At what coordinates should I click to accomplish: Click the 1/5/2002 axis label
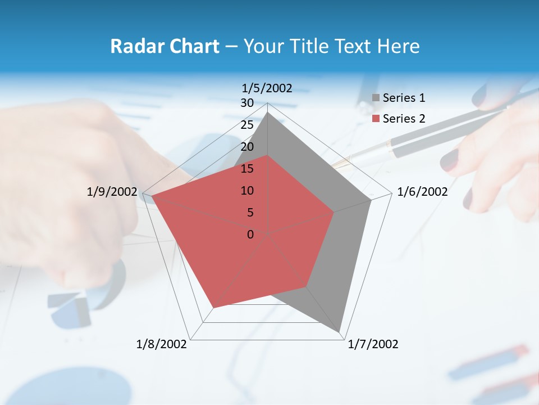[x=267, y=88]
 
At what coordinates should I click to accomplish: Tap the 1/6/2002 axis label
[x=422, y=192]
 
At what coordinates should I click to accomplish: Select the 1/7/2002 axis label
[x=373, y=344]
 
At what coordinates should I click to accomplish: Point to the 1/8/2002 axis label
[x=162, y=344]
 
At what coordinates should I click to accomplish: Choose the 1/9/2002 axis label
[x=112, y=192]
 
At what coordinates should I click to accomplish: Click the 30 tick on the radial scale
[x=247, y=103]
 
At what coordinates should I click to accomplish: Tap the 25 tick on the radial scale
[x=247, y=125]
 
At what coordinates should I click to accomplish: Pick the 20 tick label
[x=247, y=147]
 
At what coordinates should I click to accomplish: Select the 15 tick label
[x=247, y=169]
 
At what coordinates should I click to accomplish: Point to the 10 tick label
[x=247, y=191]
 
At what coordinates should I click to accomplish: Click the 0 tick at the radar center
[x=250, y=235]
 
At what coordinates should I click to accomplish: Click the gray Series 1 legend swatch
[x=376, y=98]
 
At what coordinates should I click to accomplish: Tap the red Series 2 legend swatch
[x=376, y=119]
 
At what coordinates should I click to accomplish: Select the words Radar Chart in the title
[x=165, y=46]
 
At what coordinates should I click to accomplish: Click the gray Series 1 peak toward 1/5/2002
[x=268, y=112]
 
